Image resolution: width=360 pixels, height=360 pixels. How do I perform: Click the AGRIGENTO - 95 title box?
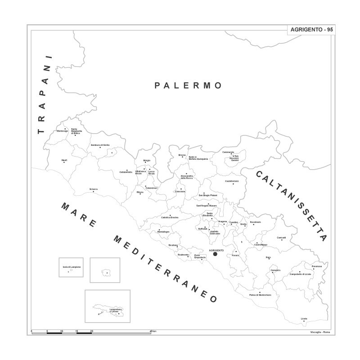point(311,29)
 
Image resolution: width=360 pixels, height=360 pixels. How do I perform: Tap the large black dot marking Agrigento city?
point(215,254)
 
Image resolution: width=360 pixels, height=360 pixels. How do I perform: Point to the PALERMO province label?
point(188,85)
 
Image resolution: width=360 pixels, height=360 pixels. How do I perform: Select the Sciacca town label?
point(93,189)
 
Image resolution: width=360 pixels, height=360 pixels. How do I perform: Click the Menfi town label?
point(64,160)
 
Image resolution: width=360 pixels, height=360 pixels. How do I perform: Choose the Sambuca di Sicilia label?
point(100,145)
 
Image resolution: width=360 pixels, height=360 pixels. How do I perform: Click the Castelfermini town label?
point(232,181)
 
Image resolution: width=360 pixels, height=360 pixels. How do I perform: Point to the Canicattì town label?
point(282,237)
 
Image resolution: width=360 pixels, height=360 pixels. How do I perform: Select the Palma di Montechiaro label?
point(260,295)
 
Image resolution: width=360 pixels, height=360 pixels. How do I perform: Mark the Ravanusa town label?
point(317,266)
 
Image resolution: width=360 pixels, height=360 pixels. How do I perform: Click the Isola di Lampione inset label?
point(72,267)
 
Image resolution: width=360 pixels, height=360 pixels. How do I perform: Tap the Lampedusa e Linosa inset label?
point(116,310)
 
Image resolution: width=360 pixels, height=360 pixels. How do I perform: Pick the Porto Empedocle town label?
point(200,256)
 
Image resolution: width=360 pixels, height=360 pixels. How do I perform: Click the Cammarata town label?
point(228,152)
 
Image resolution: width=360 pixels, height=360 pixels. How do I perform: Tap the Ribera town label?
point(140,192)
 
